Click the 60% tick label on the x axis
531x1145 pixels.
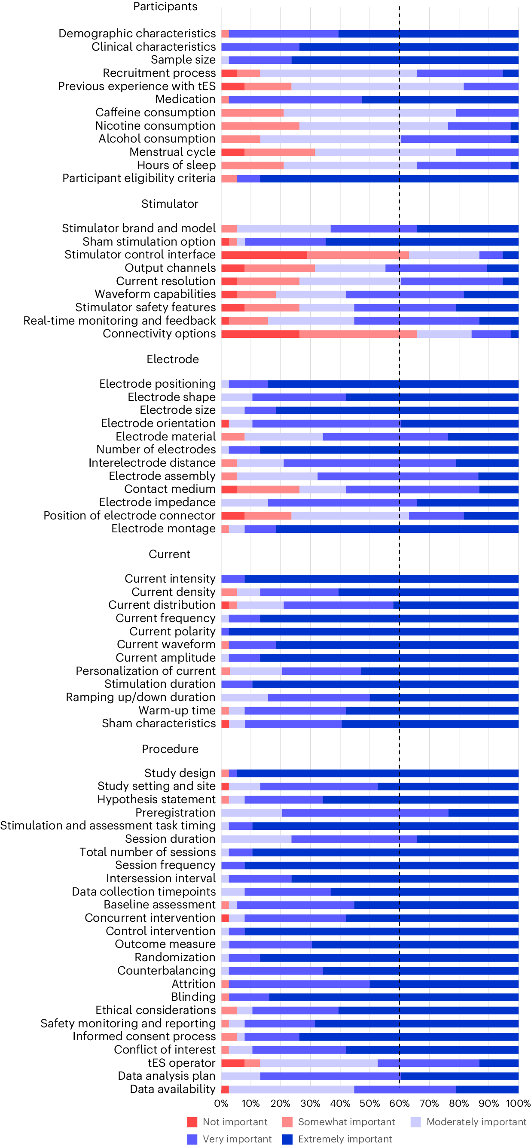(399, 1103)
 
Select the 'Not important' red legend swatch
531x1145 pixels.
(192, 1122)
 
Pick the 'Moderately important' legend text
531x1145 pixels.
(476, 1122)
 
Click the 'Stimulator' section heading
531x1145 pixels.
(169, 203)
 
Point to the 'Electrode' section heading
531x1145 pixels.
(173, 359)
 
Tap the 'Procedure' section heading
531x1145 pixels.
(170, 749)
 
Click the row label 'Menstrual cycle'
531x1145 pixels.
(172, 152)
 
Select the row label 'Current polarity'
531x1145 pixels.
(172, 632)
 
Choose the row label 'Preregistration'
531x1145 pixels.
(175, 813)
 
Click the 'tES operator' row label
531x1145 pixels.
(181, 1063)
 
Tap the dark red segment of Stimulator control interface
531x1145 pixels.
(264, 255)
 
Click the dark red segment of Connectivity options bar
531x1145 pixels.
(260, 334)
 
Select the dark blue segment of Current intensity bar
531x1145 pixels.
(381, 579)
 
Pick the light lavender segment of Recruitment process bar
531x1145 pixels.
(338, 73)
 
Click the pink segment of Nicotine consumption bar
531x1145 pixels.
(260, 126)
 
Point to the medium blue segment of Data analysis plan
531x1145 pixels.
(330, 1076)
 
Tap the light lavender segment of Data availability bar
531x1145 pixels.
(291, 1090)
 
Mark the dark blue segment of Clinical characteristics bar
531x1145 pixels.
(409, 47)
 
